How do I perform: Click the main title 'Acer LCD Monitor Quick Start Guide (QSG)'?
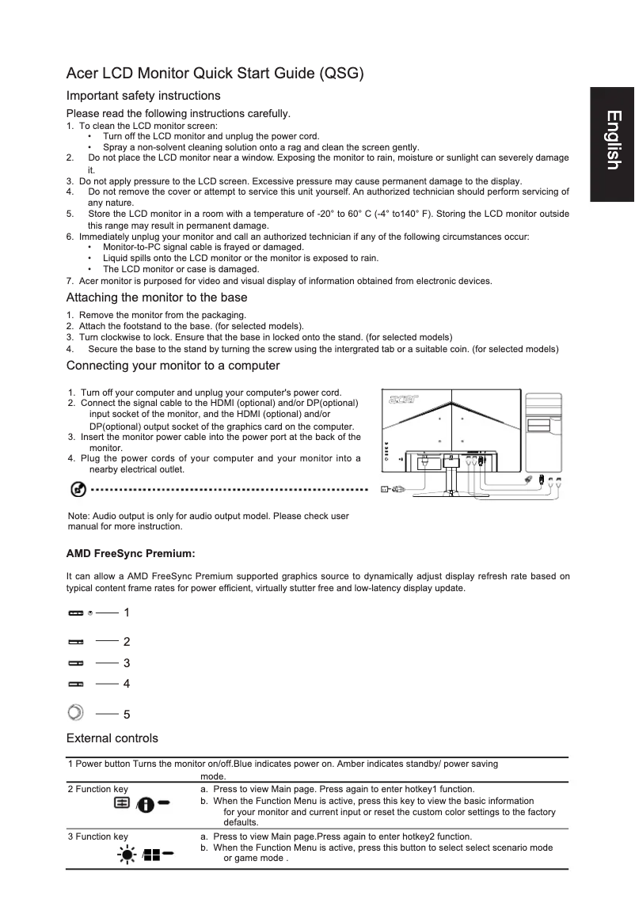click(x=215, y=74)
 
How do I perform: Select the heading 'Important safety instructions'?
click(x=143, y=96)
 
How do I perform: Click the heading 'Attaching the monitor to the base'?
click(x=157, y=298)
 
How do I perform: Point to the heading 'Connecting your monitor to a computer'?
click(x=173, y=366)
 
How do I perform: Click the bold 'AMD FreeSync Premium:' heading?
click(x=131, y=552)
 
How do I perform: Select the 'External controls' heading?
click(x=112, y=738)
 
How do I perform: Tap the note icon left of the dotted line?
click(x=78, y=490)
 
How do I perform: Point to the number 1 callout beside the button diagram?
click(x=127, y=613)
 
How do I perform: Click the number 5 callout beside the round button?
click(x=127, y=715)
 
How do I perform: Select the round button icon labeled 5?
click(x=75, y=711)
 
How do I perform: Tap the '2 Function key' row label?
click(x=98, y=789)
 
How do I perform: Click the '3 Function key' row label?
click(x=98, y=836)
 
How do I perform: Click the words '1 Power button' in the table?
click(x=100, y=764)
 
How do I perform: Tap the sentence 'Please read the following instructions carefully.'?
click(x=178, y=113)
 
